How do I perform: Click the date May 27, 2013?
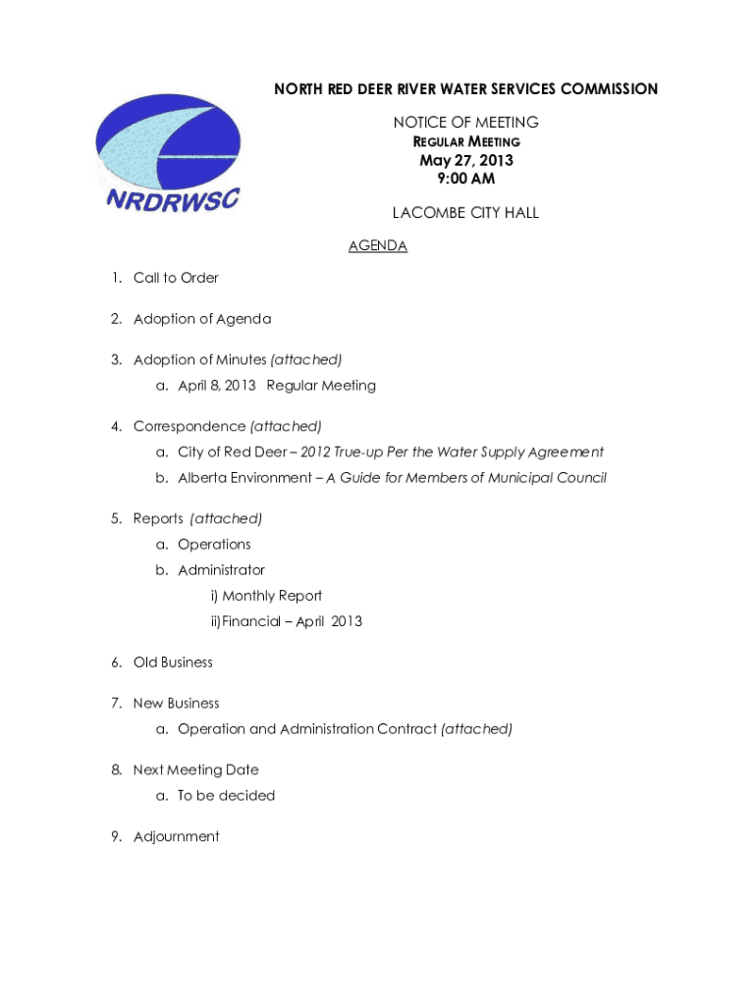click(466, 161)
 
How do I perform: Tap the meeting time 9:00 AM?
click(466, 179)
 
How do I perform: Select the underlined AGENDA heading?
click(378, 246)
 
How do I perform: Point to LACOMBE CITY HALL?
click(465, 213)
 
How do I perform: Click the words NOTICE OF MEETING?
click(465, 123)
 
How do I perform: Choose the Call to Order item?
click(176, 278)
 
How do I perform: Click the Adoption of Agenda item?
click(202, 319)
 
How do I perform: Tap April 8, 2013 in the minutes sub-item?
click(217, 386)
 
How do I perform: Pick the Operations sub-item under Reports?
click(214, 545)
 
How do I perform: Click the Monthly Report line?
click(272, 596)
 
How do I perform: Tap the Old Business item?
click(173, 662)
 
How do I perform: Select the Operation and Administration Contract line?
click(307, 729)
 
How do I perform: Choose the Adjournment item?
click(176, 837)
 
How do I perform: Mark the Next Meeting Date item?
click(195, 770)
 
